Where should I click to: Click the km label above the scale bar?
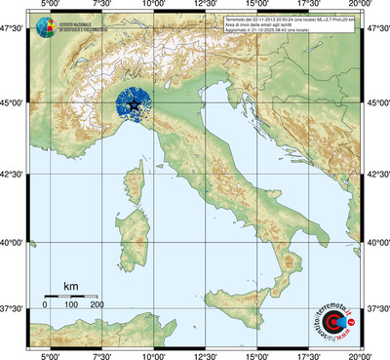(70, 285)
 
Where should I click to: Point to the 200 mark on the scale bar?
(97, 305)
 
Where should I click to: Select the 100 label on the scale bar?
(71, 305)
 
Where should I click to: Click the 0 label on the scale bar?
(45, 305)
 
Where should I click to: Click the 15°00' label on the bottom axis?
(256, 354)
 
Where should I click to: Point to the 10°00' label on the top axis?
(152, 7)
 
